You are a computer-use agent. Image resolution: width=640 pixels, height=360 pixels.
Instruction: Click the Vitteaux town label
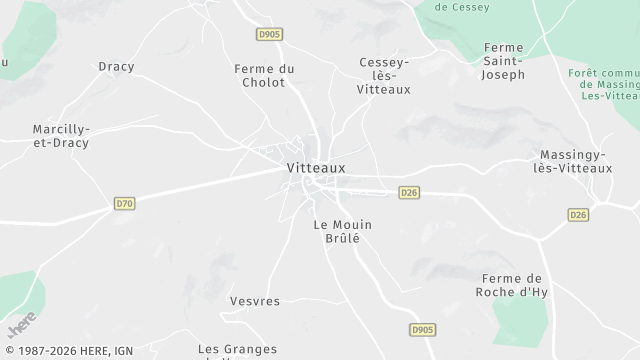tap(315, 168)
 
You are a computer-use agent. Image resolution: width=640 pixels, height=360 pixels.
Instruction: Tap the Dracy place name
tap(116, 67)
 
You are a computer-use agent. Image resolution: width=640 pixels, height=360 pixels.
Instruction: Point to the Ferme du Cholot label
tap(264, 75)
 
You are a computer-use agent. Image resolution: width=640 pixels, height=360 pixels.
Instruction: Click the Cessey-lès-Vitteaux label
tap(384, 76)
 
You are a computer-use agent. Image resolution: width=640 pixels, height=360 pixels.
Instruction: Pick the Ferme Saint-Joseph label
tap(503, 61)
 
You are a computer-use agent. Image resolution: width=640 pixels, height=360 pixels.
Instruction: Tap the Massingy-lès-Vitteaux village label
tap(575, 161)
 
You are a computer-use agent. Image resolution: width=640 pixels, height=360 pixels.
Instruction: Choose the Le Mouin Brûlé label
tap(336, 231)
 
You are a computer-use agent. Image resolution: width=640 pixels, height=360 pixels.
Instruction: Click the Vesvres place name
tap(254, 301)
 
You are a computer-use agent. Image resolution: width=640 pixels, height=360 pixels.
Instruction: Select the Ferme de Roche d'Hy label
tap(511, 285)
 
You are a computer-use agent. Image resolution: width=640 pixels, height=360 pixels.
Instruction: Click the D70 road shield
tap(124, 204)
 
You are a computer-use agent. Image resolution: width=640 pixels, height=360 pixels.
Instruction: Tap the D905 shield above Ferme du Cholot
tap(269, 34)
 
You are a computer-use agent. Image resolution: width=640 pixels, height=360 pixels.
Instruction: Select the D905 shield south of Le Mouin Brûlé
tap(423, 329)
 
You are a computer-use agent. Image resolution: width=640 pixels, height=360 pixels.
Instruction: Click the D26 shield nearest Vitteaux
tap(408, 192)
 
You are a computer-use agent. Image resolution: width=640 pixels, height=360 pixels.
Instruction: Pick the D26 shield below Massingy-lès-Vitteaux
tap(578, 215)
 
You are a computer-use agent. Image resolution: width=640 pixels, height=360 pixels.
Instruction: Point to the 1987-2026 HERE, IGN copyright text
tap(67, 351)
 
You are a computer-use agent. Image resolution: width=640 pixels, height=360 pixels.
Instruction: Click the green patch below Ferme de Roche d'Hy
tap(520, 320)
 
